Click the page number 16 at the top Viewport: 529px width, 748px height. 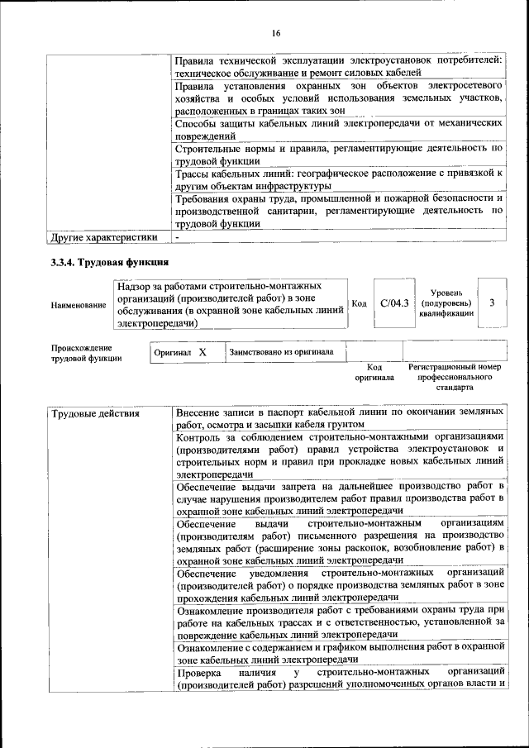point(276,33)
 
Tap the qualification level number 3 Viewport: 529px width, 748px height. point(493,303)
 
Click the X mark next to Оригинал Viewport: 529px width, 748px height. point(202,352)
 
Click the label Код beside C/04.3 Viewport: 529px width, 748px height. point(360,303)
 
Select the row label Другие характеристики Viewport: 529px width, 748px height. point(103,237)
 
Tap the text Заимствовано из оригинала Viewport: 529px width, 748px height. point(281,352)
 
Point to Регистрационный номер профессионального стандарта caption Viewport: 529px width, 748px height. point(455,376)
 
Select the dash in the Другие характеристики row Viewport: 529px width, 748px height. point(178,237)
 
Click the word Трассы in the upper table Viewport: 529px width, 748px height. point(197,174)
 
